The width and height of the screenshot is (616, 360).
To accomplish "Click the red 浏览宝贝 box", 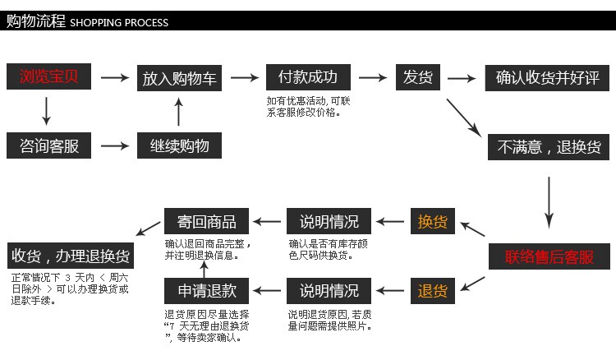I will [49, 77].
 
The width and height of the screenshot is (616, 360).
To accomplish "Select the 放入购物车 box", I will [180, 78].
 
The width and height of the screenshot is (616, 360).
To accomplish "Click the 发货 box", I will [418, 77].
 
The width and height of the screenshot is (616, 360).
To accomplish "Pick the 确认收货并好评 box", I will [548, 78].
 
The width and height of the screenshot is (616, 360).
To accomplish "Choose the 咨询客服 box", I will [49, 146].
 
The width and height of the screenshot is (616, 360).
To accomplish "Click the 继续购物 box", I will [180, 146].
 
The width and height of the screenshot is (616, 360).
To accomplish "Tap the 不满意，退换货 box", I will [548, 147].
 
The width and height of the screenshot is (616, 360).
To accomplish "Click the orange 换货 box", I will [432, 221].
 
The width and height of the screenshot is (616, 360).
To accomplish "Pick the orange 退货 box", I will [432, 290].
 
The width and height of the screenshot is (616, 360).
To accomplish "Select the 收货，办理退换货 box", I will [71, 256].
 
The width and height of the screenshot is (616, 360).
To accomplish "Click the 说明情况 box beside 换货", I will [329, 221].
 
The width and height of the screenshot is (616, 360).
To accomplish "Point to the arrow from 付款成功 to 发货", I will [373, 77].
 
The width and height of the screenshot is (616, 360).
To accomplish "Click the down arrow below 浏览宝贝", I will [46, 111].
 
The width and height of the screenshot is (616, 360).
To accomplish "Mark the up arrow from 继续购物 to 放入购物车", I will [179, 112].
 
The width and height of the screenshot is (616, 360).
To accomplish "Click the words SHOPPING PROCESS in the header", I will [119, 22].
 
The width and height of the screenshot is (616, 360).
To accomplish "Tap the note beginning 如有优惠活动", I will [309, 106].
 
